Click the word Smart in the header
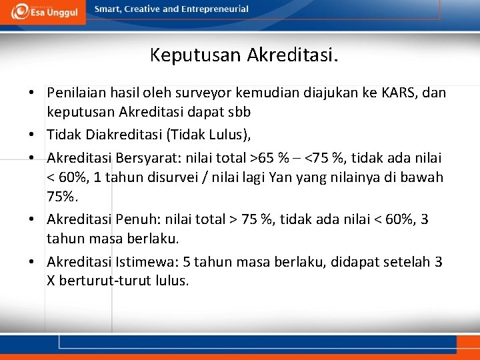(x=108, y=9)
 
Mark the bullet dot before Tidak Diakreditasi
(x=32, y=135)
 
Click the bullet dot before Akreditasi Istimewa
(x=32, y=262)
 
